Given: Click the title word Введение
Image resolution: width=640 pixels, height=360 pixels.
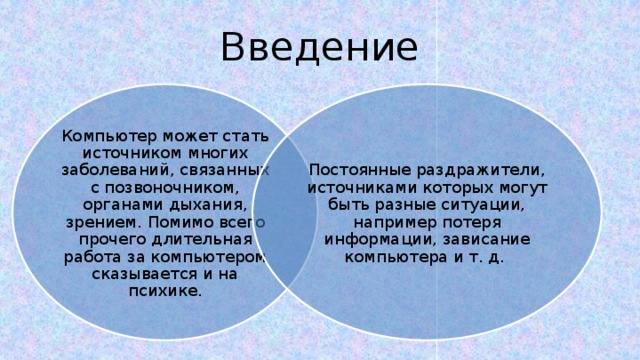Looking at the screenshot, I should (x=319, y=45).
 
